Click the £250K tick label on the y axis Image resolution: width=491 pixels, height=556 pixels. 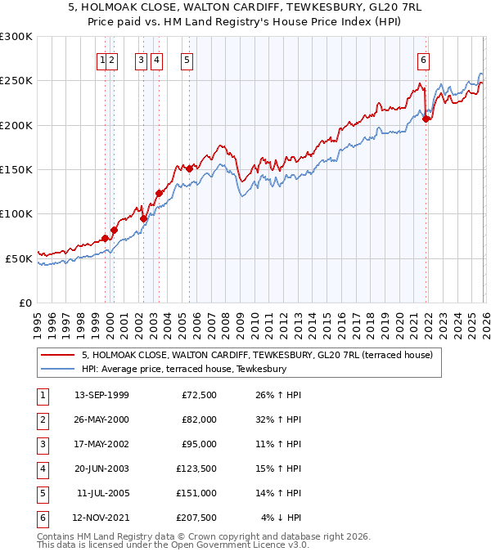click(x=16, y=81)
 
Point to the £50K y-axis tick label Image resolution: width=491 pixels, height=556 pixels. click(x=19, y=258)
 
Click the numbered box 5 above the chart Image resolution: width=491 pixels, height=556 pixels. click(x=187, y=59)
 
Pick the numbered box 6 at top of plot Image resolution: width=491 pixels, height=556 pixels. click(x=423, y=59)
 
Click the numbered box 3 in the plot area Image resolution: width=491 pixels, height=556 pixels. click(x=141, y=59)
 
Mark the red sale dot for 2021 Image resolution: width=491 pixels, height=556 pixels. click(x=426, y=119)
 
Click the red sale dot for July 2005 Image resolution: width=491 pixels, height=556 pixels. click(x=190, y=168)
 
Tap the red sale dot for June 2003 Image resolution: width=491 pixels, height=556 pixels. click(x=159, y=193)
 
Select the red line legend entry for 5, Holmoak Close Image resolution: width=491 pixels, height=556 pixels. click(x=262, y=356)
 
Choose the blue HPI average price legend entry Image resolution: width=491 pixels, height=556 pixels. click(x=183, y=370)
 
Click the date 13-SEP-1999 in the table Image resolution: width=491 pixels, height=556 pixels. click(x=101, y=396)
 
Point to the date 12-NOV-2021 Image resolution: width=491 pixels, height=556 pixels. click(x=101, y=517)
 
